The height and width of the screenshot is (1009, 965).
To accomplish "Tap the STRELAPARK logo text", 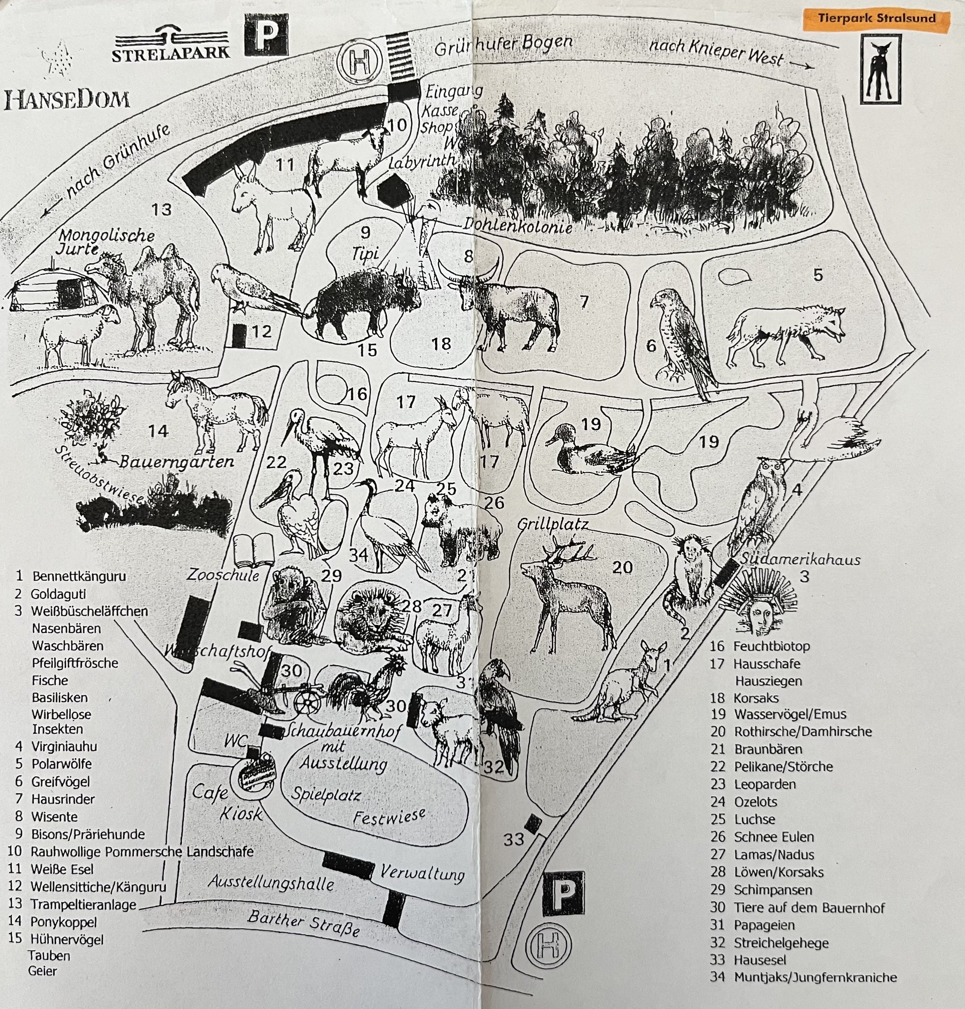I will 171,52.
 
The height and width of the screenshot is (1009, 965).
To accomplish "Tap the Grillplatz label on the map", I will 552,524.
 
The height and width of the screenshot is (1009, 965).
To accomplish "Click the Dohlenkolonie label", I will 517,225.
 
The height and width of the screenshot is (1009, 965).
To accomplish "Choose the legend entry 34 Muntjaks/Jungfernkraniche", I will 803,977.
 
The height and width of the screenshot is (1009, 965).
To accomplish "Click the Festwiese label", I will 389,816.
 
